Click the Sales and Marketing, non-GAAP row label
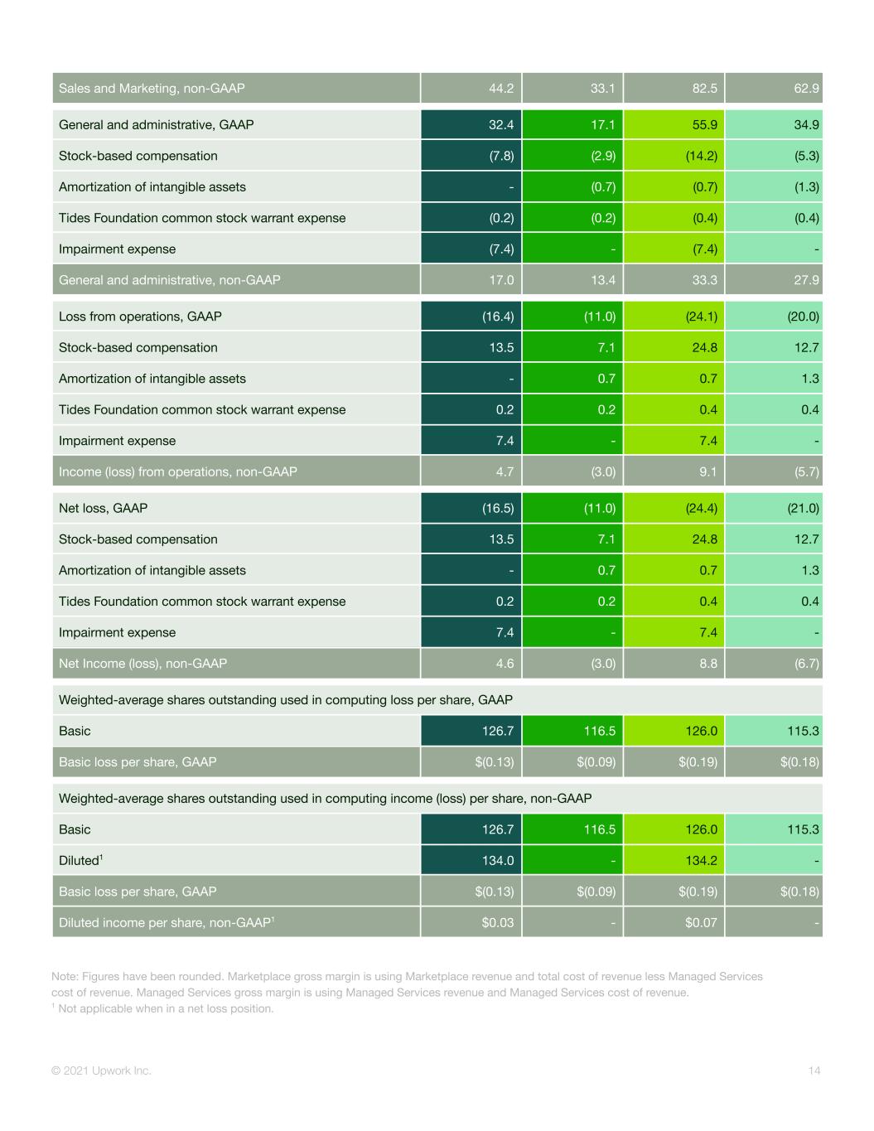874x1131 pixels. click(152, 89)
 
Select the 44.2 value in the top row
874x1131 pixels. click(501, 89)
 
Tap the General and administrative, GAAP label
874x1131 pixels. click(156, 125)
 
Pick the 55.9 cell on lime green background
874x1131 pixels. click(704, 125)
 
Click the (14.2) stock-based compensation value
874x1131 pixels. click(702, 156)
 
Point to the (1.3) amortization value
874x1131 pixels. click(806, 187)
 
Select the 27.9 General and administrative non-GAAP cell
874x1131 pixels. click(806, 280)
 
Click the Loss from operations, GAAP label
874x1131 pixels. click(140, 317)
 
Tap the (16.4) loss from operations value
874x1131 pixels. click(498, 317)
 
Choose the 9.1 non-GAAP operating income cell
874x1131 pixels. click(708, 471)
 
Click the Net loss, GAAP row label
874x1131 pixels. click(103, 508)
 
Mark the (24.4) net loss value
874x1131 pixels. click(702, 508)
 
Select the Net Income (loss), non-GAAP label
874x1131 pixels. click(142, 664)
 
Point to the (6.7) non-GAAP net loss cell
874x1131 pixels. click(806, 664)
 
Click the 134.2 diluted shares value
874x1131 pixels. click(702, 860)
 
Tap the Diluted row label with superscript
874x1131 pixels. click(80, 860)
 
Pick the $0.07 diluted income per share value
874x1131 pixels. click(701, 923)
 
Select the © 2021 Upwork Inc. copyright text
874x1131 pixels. click(101, 1071)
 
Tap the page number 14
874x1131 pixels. click(814, 1071)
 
